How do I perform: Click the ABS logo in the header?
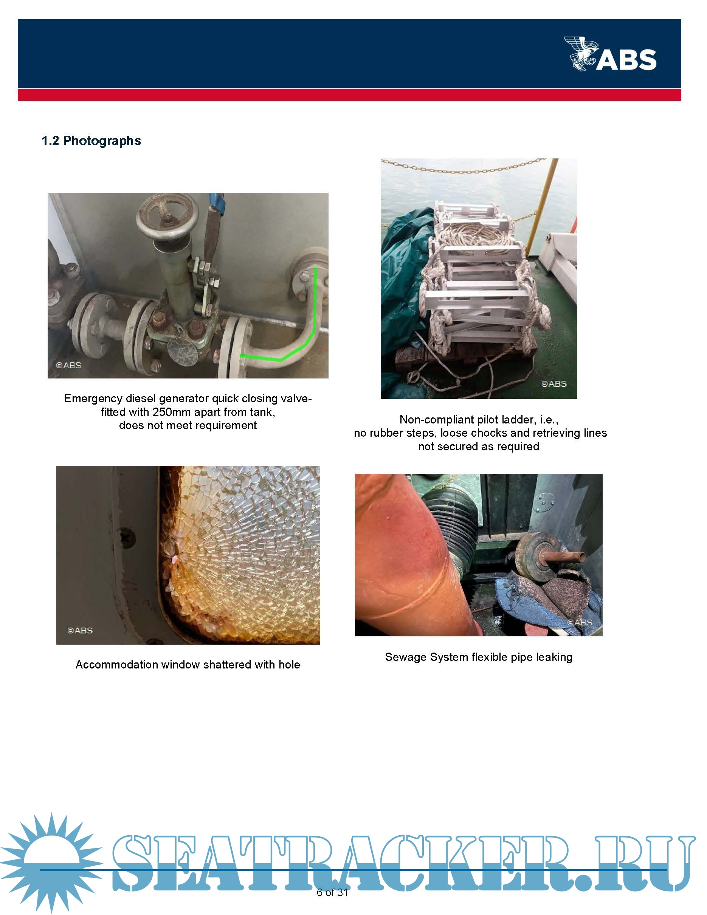(x=610, y=54)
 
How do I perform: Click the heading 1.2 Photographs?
(x=91, y=141)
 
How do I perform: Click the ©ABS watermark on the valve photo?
(x=69, y=365)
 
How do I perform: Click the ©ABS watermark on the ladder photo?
(x=554, y=384)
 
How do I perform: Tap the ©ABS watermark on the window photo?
(x=80, y=631)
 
